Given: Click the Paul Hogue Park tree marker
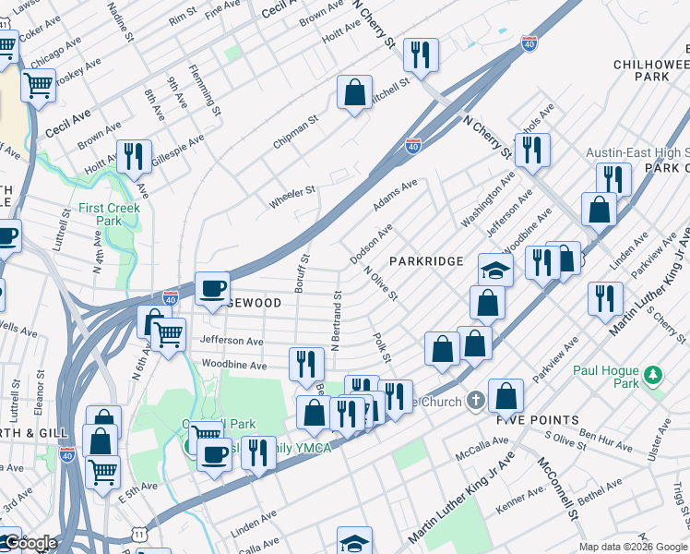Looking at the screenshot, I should click(x=653, y=374).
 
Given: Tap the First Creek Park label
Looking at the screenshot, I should click(x=101, y=214).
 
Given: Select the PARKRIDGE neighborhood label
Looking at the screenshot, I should click(x=425, y=261).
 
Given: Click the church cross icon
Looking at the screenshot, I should click(x=475, y=400).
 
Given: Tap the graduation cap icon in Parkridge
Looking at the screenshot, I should click(x=495, y=270).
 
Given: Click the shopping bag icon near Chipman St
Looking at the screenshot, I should click(x=354, y=92).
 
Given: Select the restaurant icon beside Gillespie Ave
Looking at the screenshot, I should click(x=135, y=156).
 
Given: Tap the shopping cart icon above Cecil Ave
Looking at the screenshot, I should click(x=38, y=85).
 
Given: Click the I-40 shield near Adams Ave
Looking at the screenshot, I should click(x=413, y=146).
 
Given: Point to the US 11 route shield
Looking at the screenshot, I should click(x=138, y=534).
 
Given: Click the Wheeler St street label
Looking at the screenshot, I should click(x=291, y=191).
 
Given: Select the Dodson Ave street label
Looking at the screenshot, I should click(x=372, y=243).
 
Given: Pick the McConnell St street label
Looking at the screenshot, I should click(x=558, y=488).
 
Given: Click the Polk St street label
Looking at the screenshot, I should click(x=381, y=348).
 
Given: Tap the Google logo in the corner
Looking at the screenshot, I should click(x=30, y=543).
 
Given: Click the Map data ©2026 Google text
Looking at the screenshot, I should click(x=633, y=547).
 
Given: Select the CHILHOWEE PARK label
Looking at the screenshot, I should click(x=651, y=69).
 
